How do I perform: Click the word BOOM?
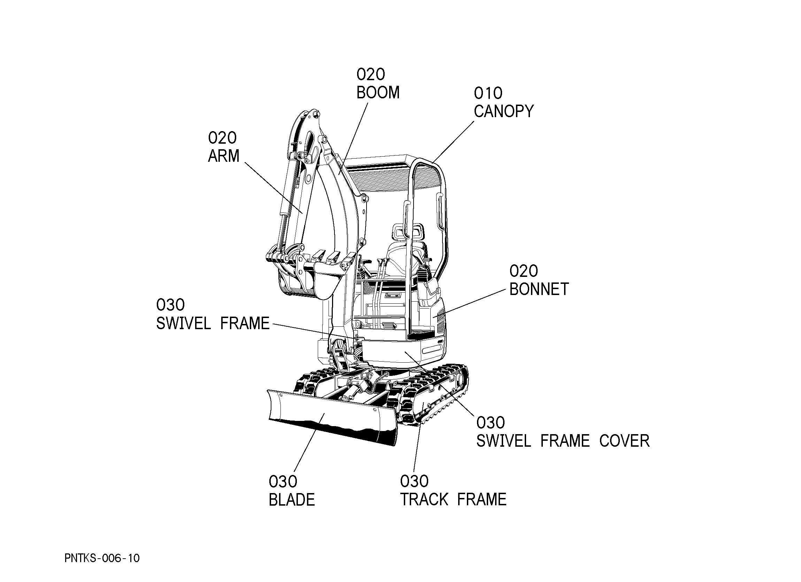(378, 93)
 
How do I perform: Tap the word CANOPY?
(503, 111)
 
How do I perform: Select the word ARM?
(224, 156)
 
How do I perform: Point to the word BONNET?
(539, 289)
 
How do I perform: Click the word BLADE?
(292, 500)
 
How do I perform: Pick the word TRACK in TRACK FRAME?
(424, 500)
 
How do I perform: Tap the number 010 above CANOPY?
(488, 93)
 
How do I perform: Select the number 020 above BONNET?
(523, 271)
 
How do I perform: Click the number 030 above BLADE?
(283, 482)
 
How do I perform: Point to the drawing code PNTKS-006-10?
(102, 558)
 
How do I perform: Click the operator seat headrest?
(407, 231)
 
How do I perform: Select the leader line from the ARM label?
(274, 188)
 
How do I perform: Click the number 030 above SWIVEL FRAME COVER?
(491, 423)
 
